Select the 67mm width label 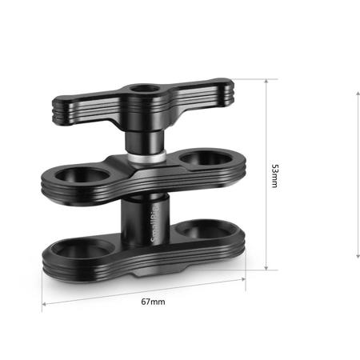click(x=152, y=302)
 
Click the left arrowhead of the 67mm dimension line click(x=45, y=306)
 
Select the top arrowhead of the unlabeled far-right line click(x=357, y=94)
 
